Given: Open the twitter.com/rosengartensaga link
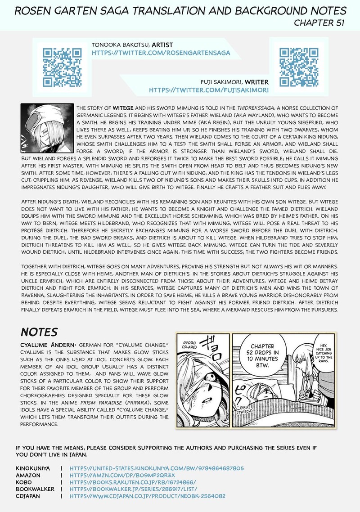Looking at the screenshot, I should click(x=161, y=53).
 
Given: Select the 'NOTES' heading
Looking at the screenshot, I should click(x=39, y=332).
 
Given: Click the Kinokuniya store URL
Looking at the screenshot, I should click(x=157, y=468).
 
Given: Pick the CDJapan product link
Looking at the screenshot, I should click(x=147, y=496).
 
